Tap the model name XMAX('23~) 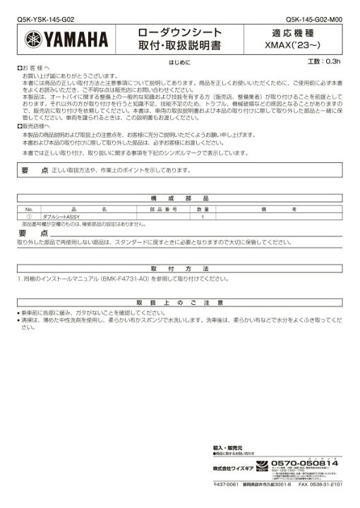pyautogui.click(x=296, y=44)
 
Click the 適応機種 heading pyautogui.click(x=296, y=32)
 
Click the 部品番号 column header pyautogui.click(x=162, y=210)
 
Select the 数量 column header pyautogui.click(x=203, y=210)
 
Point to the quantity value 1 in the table pyautogui.click(x=203, y=217)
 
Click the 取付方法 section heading pyautogui.click(x=180, y=270)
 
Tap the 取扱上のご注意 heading pyautogui.click(x=180, y=302)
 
